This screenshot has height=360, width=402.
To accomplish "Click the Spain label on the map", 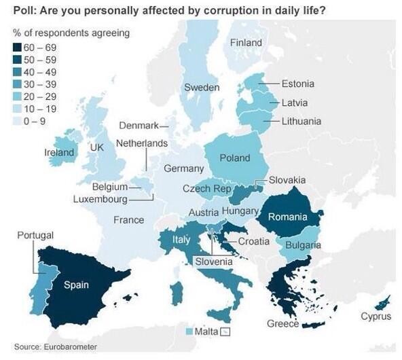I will click(x=76, y=285).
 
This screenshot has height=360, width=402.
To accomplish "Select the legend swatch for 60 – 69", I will click(x=17, y=47).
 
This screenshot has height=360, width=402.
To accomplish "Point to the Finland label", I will click(x=246, y=43).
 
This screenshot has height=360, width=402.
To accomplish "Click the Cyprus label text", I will click(x=376, y=316).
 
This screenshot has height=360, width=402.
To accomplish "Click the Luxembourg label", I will click(x=100, y=199).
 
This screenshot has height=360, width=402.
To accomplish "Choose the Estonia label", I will click(x=298, y=84).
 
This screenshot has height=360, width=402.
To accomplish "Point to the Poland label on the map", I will click(x=235, y=158).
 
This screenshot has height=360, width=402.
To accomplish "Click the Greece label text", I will click(x=282, y=324).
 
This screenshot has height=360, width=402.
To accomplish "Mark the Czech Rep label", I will click(x=206, y=188).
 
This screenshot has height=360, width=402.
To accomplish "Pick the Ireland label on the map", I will click(x=59, y=153).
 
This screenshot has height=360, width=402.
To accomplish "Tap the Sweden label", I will click(x=202, y=88).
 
